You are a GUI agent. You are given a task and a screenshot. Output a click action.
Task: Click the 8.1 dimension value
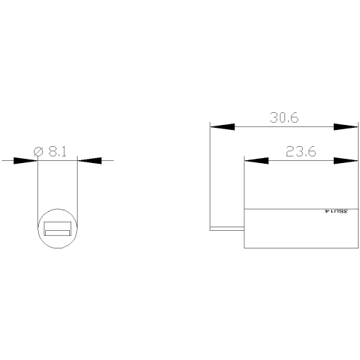[x=60, y=151]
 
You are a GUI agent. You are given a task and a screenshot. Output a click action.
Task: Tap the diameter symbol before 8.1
[x=40, y=151]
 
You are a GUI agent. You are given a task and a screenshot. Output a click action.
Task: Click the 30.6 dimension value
[x=284, y=118]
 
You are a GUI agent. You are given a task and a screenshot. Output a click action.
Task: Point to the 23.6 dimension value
[x=300, y=151]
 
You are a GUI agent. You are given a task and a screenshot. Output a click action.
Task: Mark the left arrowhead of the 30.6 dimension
[x=222, y=127]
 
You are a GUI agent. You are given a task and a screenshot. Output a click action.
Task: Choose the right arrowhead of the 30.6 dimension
[x=345, y=127]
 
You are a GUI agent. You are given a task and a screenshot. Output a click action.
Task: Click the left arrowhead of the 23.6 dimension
[x=256, y=161]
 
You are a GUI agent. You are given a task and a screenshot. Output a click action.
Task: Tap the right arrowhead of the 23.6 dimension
[x=345, y=161]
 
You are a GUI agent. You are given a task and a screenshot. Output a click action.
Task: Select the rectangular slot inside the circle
[x=57, y=229]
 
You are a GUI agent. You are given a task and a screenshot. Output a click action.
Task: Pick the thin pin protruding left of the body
[x=227, y=229]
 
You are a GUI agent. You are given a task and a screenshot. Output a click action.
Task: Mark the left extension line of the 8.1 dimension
[x=37, y=191]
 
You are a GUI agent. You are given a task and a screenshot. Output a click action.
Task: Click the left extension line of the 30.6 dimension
[x=210, y=176]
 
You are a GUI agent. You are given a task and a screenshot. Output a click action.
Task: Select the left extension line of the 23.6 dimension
[x=244, y=184]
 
